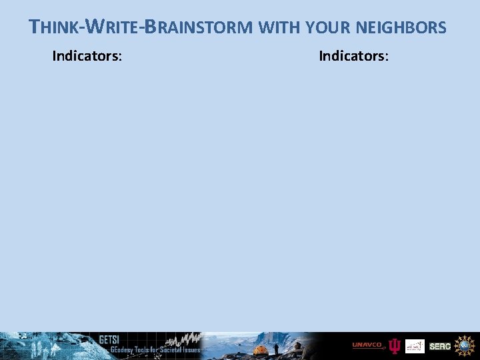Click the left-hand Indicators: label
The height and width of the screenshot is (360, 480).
point(87,55)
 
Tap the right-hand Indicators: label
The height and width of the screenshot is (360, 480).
point(353,55)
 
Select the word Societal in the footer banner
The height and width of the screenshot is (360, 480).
point(169,350)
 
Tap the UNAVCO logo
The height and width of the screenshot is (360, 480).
point(368,345)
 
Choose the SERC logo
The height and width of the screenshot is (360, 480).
point(440,346)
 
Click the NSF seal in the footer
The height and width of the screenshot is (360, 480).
point(464,345)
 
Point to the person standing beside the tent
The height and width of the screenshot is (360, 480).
point(276,348)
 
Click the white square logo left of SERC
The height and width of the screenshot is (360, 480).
point(415,346)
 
